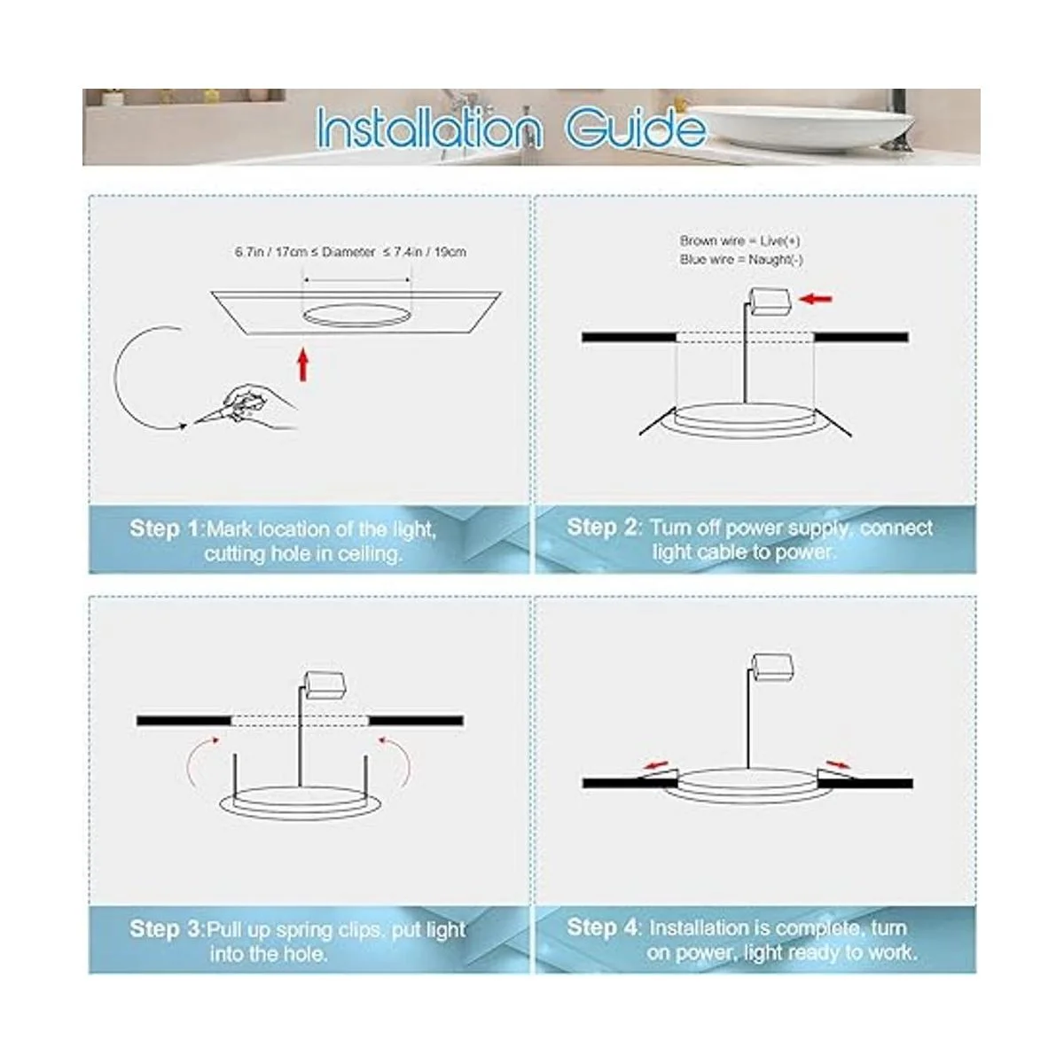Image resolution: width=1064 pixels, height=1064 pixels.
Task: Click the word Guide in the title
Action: (636, 128)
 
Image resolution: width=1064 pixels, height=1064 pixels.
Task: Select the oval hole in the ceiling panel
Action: (356, 315)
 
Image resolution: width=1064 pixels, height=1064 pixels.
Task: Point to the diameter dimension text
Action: (350, 253)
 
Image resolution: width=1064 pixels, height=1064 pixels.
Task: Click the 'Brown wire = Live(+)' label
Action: (739, 241)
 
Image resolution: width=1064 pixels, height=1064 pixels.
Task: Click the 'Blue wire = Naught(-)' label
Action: (741, 260)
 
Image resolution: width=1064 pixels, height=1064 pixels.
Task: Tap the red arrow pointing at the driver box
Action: (816, 300)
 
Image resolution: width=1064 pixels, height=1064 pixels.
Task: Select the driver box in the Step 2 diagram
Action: (771, 301)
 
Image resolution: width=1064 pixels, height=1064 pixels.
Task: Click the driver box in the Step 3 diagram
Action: (326, 685)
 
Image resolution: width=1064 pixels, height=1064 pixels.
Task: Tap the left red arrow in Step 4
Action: (655, 765)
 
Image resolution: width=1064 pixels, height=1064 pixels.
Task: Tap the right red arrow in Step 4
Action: (839, 764)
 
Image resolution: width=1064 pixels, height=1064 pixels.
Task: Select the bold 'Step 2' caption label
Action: (602, 527)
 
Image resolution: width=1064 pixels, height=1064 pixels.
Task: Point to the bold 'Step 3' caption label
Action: (166, 928)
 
